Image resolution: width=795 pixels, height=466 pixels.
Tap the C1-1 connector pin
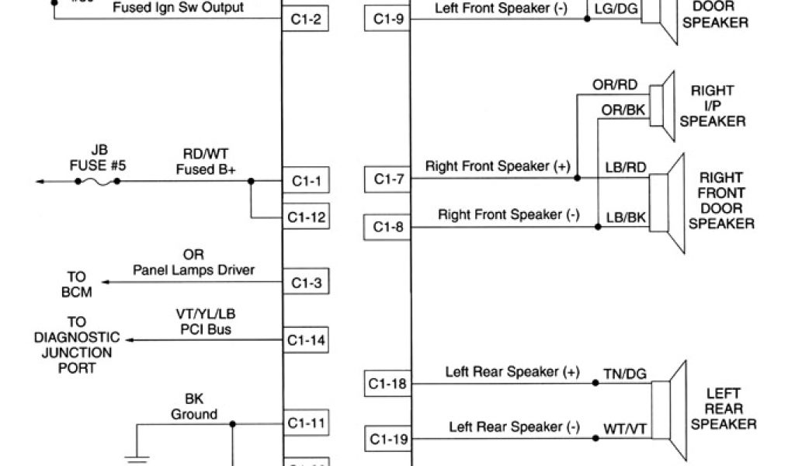tap(306, 182)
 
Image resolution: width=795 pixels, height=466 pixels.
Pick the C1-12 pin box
tap(306, 217)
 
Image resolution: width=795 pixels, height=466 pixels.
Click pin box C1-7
tap(387, 180)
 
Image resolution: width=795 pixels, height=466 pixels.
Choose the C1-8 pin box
tap(387, 228)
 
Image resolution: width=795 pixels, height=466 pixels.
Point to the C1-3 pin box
tap(306, 283)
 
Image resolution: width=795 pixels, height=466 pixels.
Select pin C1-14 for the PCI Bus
tap(306, 340)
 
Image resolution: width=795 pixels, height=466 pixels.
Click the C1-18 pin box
tap(387, 383)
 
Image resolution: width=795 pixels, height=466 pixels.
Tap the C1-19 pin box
tap(387, 440)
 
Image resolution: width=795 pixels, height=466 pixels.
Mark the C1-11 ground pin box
tap(306, 423)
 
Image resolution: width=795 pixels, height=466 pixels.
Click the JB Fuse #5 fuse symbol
tap(97, 182)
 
